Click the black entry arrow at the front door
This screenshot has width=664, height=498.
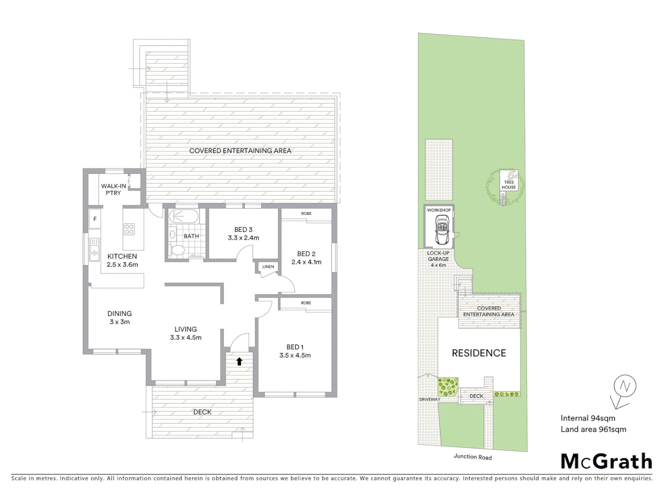tap(239, 361)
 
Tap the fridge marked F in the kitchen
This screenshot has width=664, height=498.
tap(95, 219)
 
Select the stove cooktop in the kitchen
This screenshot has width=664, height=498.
tap(129, 229)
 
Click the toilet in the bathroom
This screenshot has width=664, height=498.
tap(177, 250)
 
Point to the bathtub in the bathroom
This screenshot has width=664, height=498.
tap(183, 217)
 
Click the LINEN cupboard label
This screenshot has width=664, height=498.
tap(268, 267)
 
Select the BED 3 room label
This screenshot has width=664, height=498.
tap(243, 230)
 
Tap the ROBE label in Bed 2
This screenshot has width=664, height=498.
tap(306, 213)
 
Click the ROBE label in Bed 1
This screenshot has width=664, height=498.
tap(306, 303)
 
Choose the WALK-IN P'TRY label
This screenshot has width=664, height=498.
tap(113, 190)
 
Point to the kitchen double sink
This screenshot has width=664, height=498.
tap(95, 249)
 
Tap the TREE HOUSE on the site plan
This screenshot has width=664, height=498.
tap(509, 184)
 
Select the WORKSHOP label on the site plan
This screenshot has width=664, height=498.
tap(439, 210)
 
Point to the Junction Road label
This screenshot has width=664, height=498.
tap(473, 457)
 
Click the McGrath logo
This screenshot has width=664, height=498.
tap(606, 461)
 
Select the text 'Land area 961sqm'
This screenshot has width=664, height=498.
tap(593, 429)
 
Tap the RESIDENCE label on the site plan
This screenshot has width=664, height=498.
tap(479, 353)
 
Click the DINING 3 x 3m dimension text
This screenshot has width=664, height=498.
tap(119, 322)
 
